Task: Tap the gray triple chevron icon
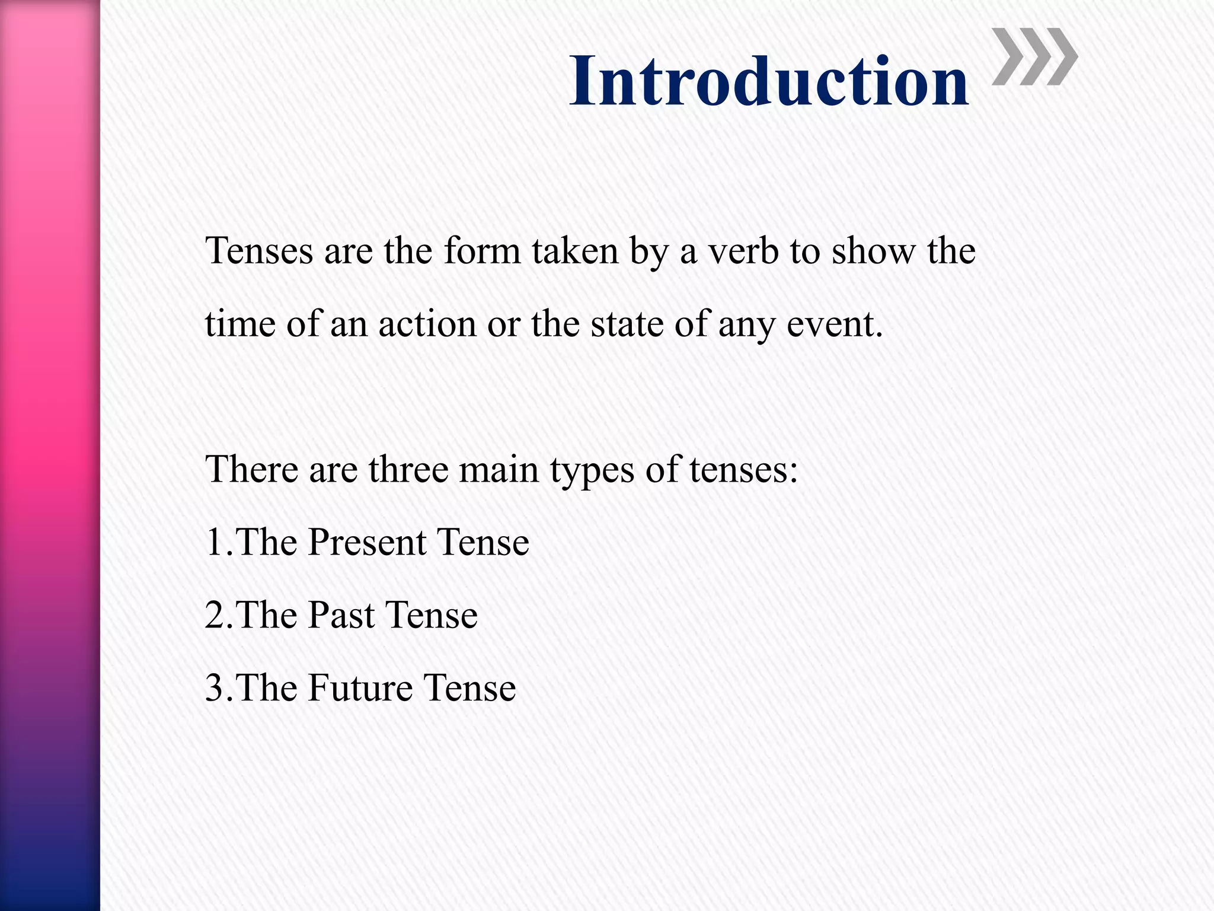(1034, 57)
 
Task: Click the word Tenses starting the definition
(259, 251)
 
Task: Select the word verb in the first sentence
(743, 251)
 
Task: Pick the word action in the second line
(427, 324)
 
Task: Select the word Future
(360, 688)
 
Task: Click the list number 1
(214, 542)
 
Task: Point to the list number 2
(214, 615)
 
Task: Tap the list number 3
(214, 688)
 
